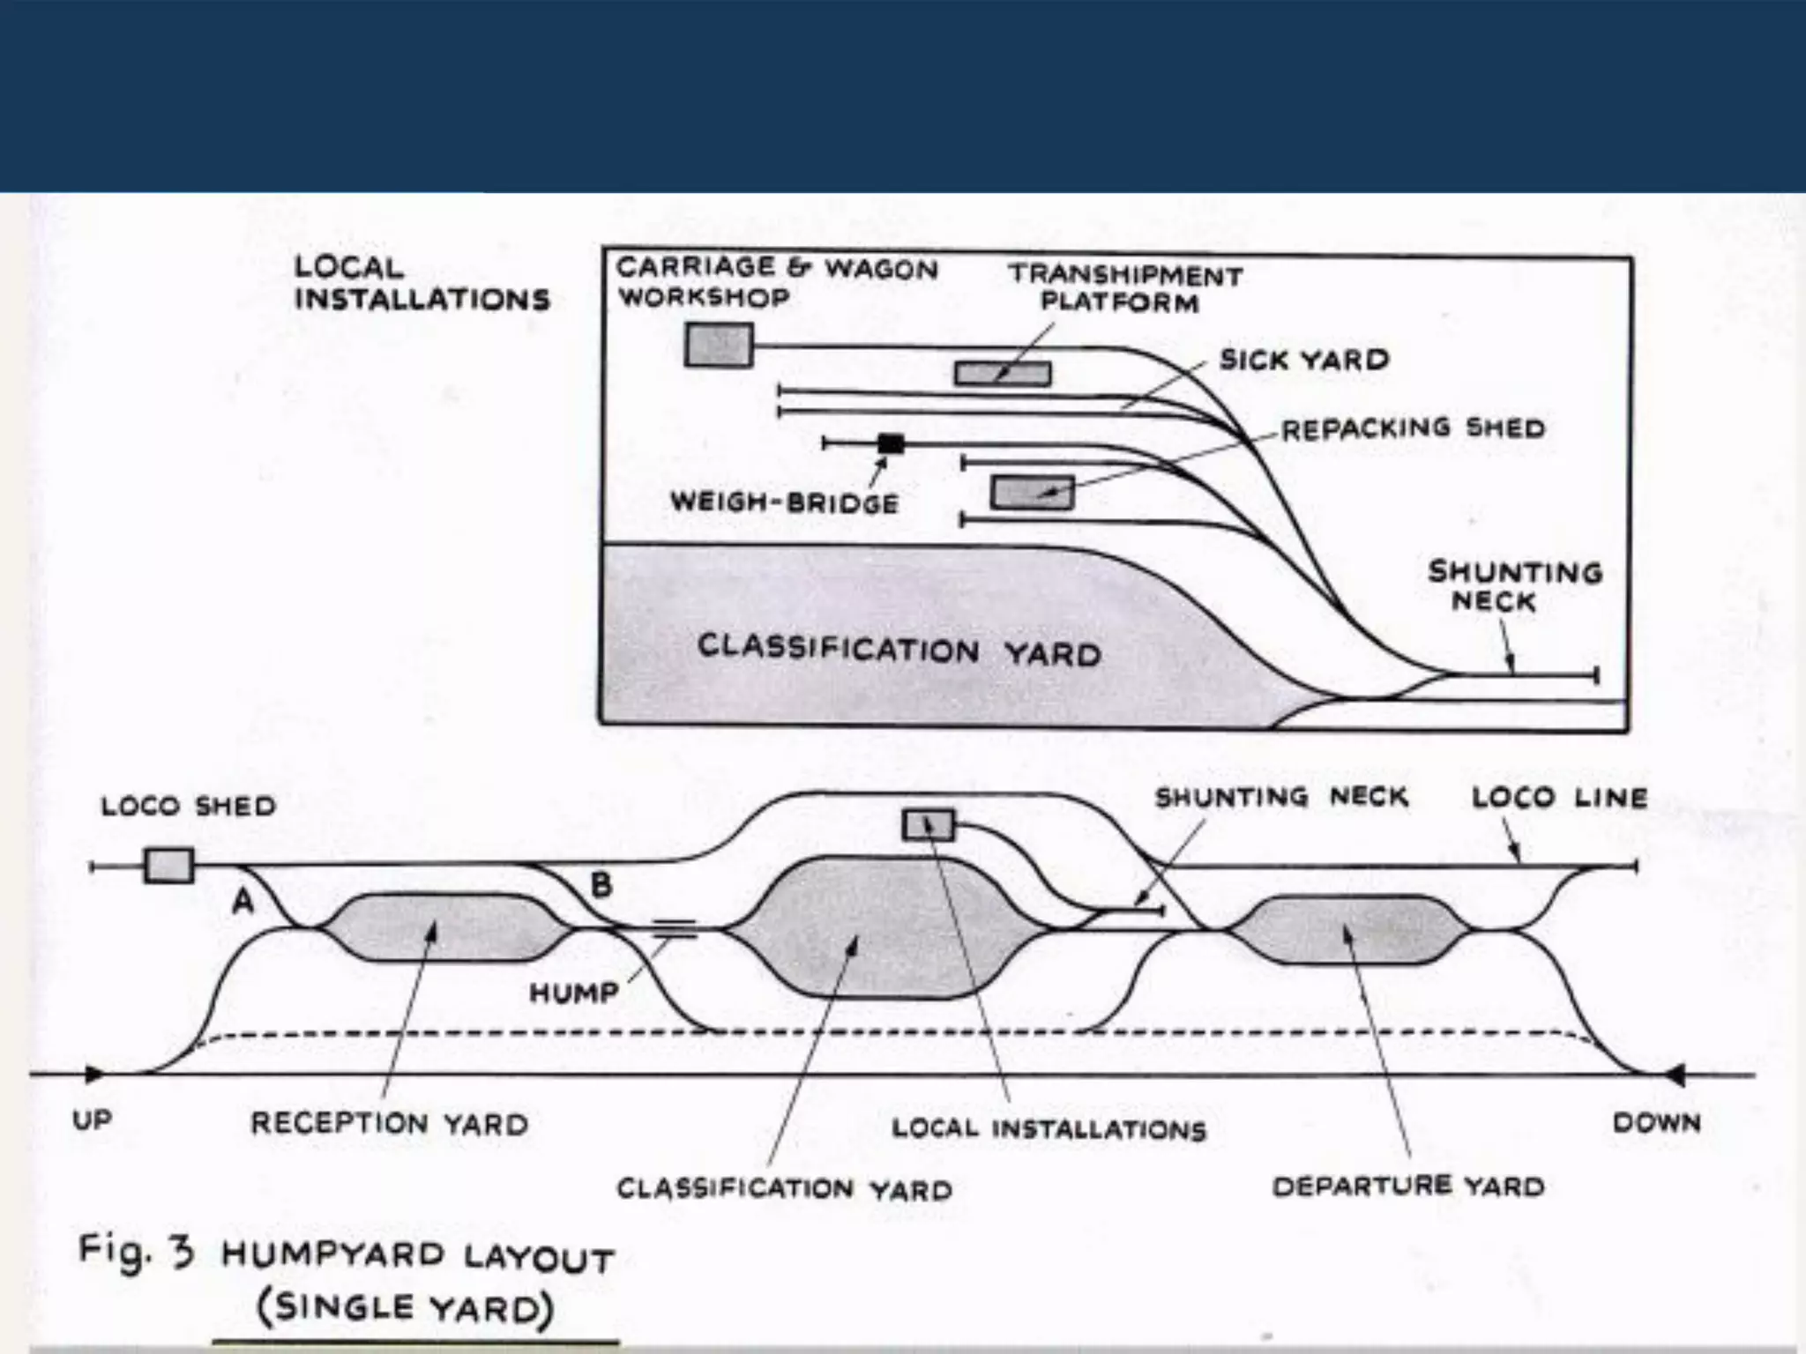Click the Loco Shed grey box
click(x=168, y=865)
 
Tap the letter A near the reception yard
click(x=243, y=901)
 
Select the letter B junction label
click(x=601, y=884)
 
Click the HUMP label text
click(x=574, y=993)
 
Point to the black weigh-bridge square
click(x=891, y=443)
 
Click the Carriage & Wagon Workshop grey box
click(x=719, y=345)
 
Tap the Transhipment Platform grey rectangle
click(x=1003, y=374)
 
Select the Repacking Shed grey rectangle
click(x=1032, y=493)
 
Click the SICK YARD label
click(x=1304, y=360)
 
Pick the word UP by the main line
click(x=92, y=1120)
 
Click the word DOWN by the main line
click(x=1656, y=1122)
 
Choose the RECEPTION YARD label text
click(x=390, y=1123)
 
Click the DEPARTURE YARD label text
click(x=1408, y=1187)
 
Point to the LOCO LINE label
click(x=1559, y=798)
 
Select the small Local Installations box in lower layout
click(x=928, y=826)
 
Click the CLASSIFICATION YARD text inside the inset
click(x=899, y=651)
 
